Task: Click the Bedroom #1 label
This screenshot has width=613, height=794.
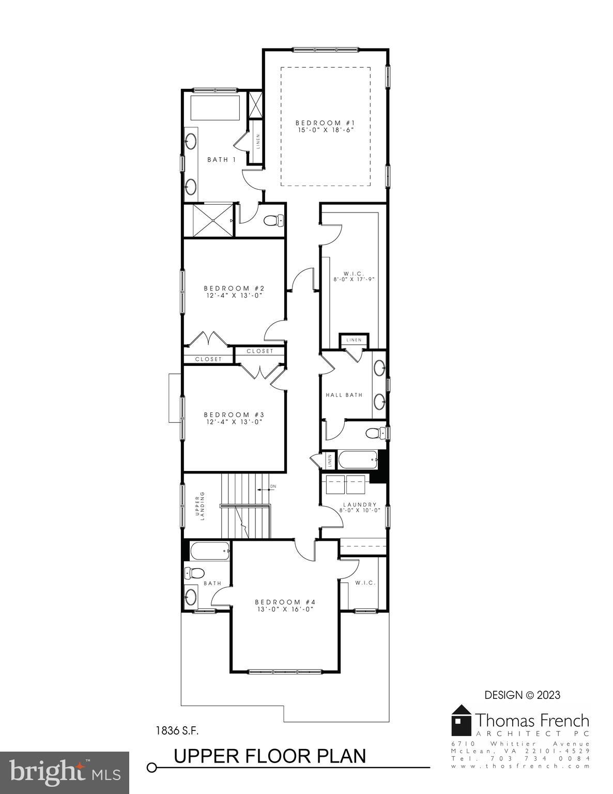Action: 325,123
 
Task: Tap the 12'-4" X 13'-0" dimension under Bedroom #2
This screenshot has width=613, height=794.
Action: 234,296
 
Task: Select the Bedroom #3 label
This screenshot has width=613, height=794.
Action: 234,415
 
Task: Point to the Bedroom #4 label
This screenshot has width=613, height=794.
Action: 285,602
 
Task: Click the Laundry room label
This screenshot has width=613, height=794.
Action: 360,505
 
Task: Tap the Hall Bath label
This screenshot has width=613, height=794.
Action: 344,395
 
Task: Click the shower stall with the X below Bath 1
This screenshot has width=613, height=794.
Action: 209,221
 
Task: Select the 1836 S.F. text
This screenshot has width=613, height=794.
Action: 177,731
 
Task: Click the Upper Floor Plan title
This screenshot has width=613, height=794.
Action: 270,756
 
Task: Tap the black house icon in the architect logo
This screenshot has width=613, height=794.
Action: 461,721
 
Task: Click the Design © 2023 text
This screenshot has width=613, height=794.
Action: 522,695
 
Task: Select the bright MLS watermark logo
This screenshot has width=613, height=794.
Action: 65,772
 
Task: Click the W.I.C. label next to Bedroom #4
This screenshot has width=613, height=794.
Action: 365,583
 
